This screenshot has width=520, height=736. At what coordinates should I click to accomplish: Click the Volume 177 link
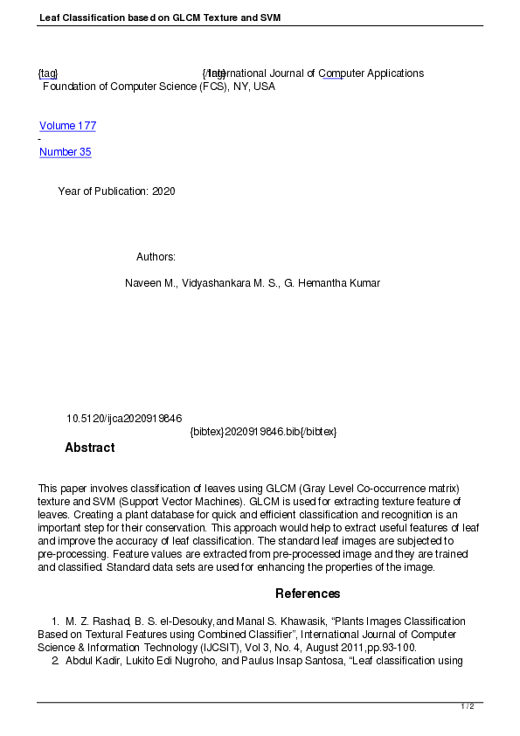pos(67,126)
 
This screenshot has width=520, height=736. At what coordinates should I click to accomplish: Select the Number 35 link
pos(65,152)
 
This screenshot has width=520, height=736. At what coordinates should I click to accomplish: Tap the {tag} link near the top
pos(47,73)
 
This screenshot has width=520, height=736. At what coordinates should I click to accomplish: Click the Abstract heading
pos(89,448)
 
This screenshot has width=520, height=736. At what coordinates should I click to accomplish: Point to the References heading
pos(308,594)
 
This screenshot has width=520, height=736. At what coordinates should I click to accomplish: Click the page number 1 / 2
pos(468,706)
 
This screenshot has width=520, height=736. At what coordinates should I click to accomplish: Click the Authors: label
pos(156,257)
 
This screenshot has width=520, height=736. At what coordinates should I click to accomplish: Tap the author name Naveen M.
pos(150,283)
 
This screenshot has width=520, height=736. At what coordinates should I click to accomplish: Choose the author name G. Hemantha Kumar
pos(332,283)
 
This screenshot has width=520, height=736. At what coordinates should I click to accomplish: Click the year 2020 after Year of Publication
pos(163,191)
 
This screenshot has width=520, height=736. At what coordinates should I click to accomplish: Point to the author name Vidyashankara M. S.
pos(231,283)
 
